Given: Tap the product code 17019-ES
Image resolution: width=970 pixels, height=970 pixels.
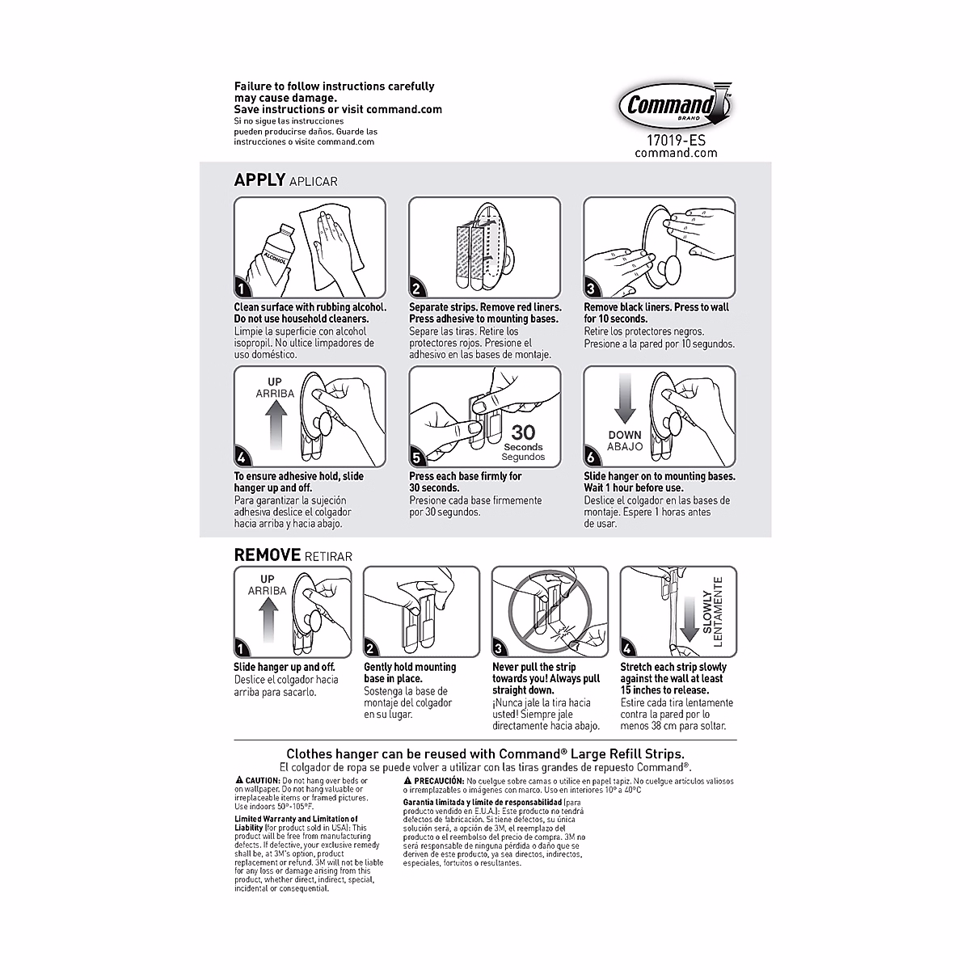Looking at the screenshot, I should click(x=670, y=139).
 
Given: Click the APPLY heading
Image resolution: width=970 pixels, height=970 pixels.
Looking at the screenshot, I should click(x=259, y=179).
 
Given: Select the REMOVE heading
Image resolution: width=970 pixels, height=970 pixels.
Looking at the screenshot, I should click(x=267, y=555).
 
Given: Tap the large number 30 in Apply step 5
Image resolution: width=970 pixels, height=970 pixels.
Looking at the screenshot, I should click(x=523, y=432).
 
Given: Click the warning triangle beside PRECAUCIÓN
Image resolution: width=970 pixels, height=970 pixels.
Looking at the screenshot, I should click(x=407, y=781).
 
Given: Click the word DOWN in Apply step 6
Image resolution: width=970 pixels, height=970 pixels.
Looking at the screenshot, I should click(x=624, y=435).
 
